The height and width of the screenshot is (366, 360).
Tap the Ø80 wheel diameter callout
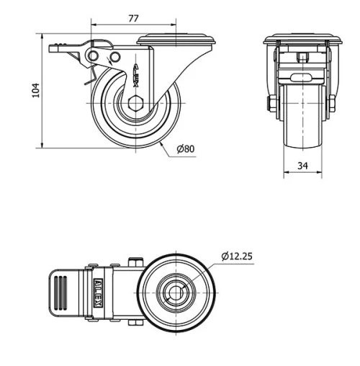coord(186,149)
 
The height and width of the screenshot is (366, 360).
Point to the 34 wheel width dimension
coord(302,166)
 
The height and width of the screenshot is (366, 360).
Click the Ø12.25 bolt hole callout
coord(238,256)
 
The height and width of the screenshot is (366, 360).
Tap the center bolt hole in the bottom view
coord(176,293)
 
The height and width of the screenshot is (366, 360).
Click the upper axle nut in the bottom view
coord(133,262)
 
